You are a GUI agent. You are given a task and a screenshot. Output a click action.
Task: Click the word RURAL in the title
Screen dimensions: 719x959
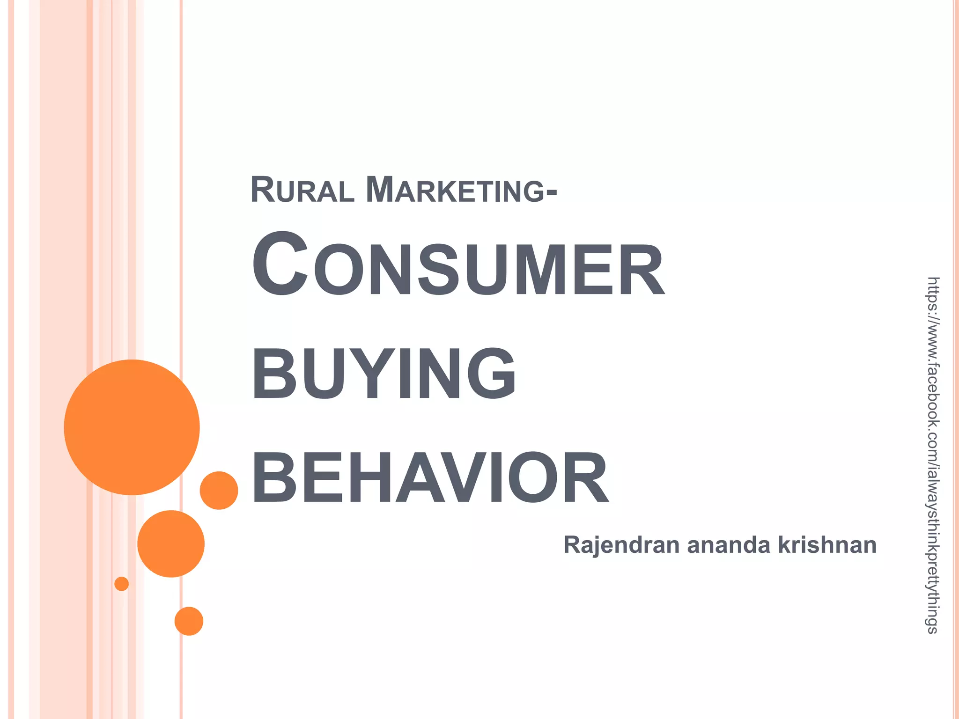(302, 190)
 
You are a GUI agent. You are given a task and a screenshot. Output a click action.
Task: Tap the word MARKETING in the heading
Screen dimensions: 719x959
(454, 190)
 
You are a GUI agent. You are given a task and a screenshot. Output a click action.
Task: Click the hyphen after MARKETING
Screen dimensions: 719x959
(551, 192)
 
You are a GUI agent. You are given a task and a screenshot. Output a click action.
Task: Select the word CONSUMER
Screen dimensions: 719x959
(458, 267)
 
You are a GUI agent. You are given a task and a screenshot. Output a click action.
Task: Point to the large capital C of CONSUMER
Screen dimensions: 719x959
(280, 264)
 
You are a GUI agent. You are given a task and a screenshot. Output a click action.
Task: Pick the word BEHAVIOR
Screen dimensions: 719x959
(430, 478)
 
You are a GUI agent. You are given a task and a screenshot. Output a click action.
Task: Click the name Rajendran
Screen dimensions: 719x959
(621, 545)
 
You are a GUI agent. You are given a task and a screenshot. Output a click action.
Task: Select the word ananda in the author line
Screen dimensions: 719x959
(729, 545)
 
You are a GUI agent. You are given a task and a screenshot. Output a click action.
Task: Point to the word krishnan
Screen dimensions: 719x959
(827, 545)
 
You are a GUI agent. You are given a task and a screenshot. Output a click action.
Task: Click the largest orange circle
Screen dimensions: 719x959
(132, 427)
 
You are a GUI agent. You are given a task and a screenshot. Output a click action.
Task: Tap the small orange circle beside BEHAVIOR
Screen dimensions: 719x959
(219, 490)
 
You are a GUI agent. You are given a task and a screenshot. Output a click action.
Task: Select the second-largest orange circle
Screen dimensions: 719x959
(171, 543)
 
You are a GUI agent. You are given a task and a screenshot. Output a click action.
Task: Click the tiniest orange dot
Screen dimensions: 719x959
(122, 584)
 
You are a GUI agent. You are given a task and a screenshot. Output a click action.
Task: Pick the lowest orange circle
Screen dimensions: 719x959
(189, 621)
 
